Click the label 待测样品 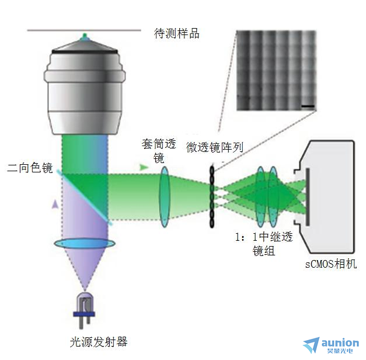point(176,33)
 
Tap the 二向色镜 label point(30,168)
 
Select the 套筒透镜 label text point(159,151)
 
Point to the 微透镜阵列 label point(214,147)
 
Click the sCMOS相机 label point(331,264)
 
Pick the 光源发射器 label point(99,342)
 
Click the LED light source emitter point(84,310)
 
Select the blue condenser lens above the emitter point(85,244)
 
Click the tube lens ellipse point(165,197)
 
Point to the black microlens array point(212,196)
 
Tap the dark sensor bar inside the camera point(308,197)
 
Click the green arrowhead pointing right point(144,167)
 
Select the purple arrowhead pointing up point(55,204)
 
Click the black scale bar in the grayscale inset point(308,106)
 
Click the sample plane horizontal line point(84,30)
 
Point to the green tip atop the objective point(85,36)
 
